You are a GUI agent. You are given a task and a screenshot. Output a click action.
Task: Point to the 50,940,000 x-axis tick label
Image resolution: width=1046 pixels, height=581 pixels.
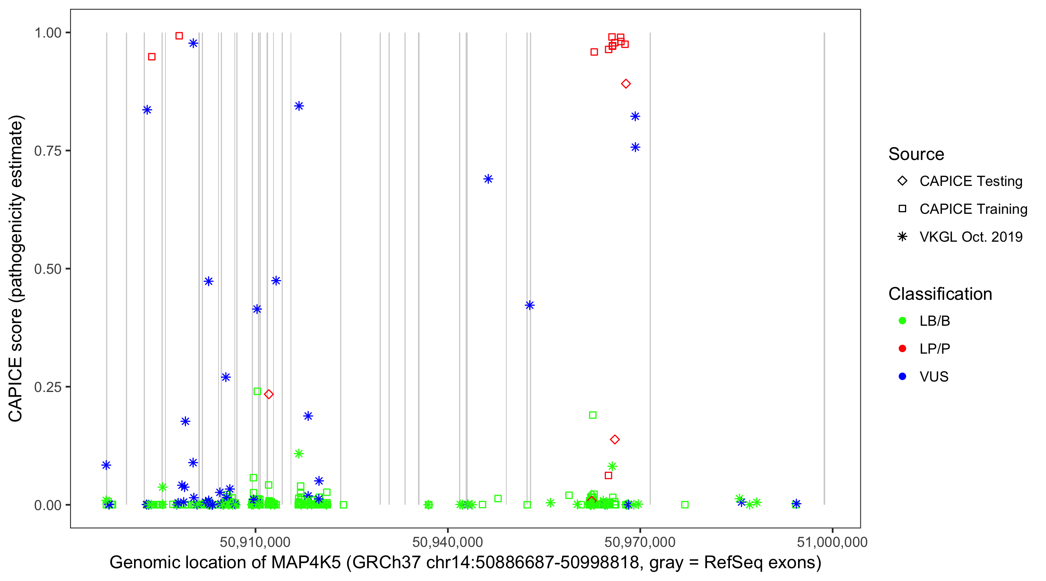coord(447,542)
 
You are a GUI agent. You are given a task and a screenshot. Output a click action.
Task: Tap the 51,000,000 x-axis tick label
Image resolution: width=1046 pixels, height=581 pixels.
coord(832,542)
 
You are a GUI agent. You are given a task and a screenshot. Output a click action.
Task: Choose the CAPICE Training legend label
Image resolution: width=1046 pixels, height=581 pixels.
coord(973,209)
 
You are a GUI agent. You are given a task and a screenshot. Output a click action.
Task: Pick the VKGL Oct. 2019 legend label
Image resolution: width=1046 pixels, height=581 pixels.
coord(971,237)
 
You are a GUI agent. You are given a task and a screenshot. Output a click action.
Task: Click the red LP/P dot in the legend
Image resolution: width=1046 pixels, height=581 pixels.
coord(902,349)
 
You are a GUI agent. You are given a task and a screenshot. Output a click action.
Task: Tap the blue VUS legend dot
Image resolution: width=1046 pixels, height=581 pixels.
coord(902,377)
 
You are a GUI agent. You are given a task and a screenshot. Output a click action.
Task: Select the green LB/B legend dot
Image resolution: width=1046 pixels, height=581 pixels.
coord(902,321)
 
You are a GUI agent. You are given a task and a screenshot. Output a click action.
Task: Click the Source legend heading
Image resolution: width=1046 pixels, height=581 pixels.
coord(916,154)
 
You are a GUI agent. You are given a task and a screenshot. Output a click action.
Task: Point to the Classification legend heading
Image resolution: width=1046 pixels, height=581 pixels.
coord(940,294)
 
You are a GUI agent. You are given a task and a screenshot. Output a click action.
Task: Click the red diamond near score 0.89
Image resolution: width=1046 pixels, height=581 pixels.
coord(626,84)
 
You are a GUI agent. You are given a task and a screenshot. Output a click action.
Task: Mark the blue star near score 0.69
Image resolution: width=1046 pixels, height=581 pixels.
coord(488,179)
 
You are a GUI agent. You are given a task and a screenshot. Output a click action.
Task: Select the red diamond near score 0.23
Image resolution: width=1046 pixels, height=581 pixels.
coord(268,394)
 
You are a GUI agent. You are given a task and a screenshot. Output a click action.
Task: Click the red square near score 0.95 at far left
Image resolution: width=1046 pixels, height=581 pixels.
coord(152,57)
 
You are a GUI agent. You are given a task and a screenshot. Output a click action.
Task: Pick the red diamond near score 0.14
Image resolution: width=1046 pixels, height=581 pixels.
coord(615,440)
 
